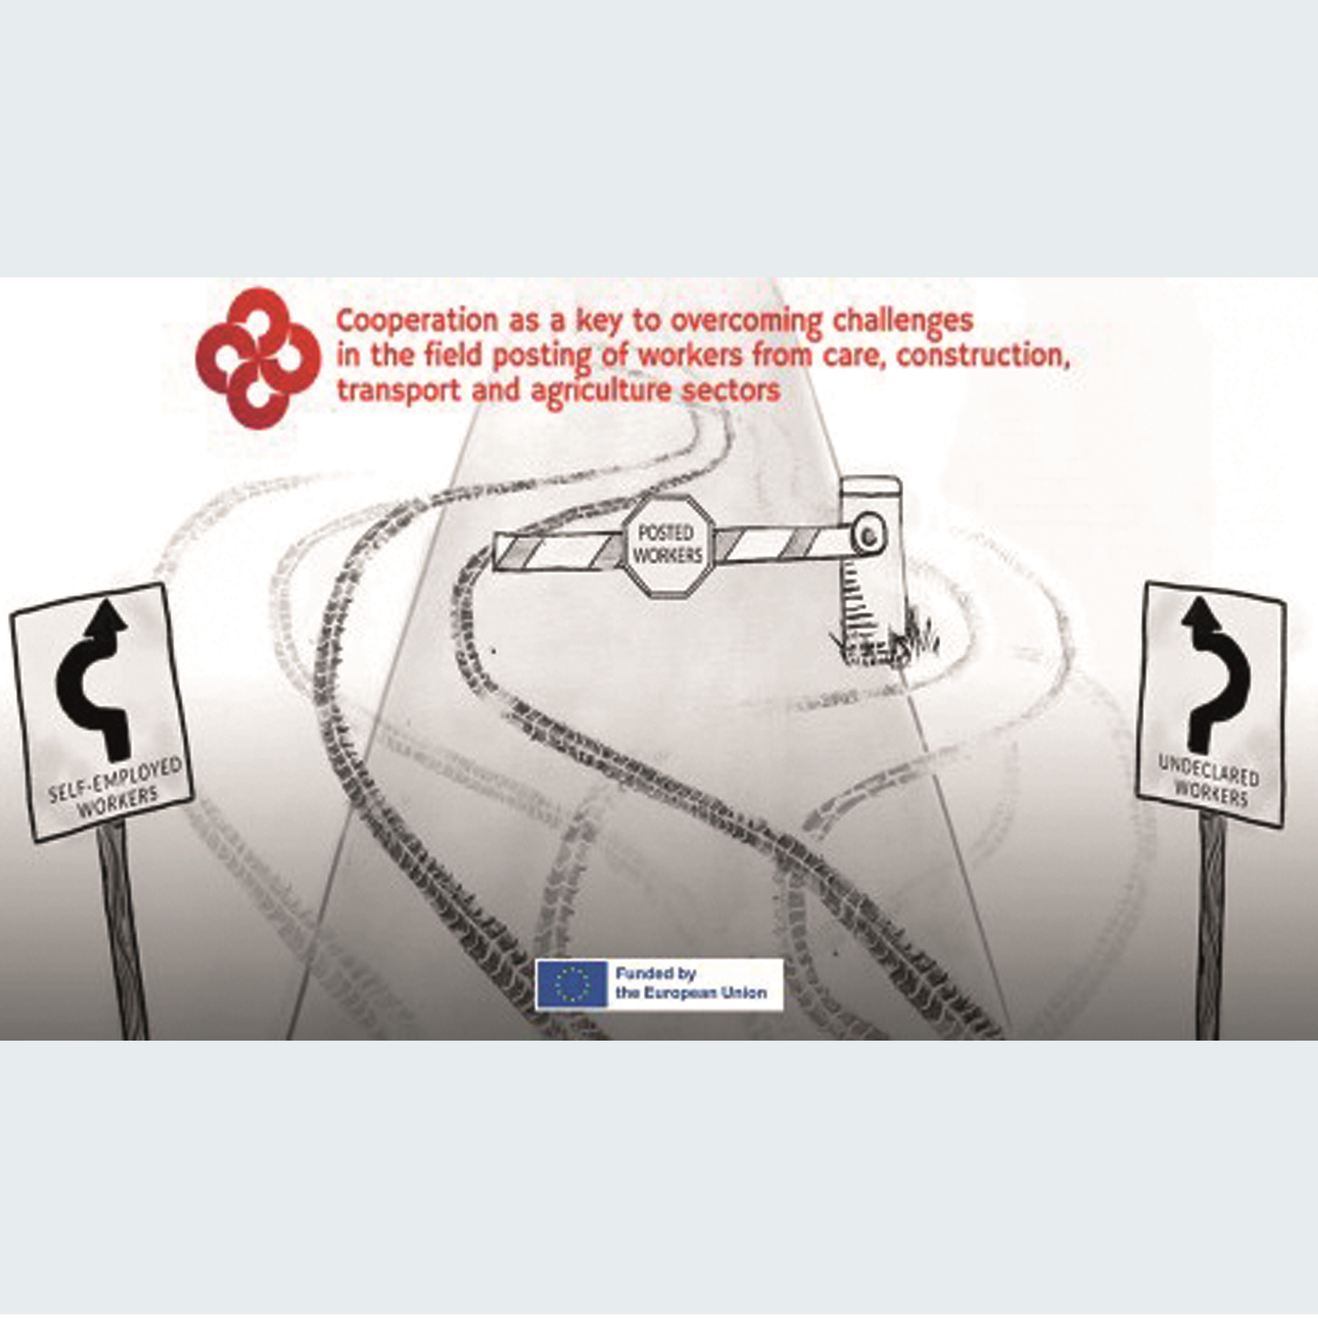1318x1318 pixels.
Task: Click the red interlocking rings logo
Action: click(258, 357)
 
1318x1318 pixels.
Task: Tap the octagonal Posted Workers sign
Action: click(669, 546)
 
